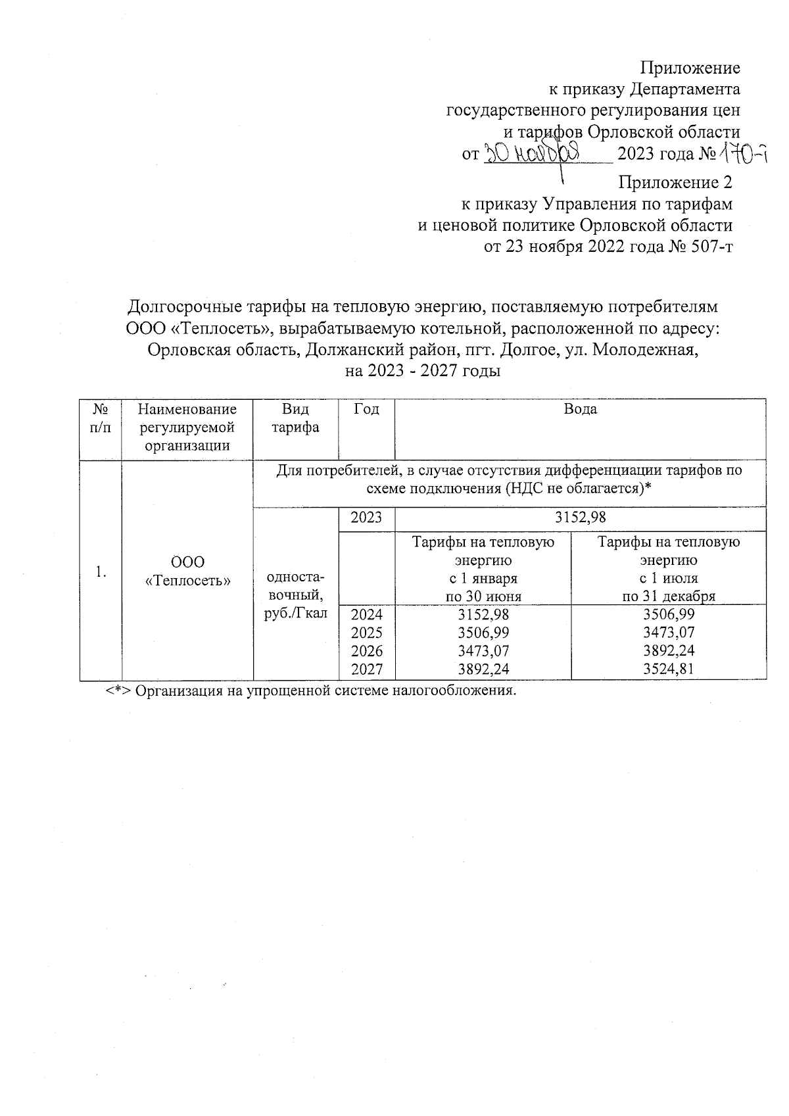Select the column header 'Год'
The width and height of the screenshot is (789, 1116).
coord(366,409)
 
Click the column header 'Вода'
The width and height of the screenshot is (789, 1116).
coord(581,409)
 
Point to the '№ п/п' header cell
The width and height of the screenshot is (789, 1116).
coord(100,418)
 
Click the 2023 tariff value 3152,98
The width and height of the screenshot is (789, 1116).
coord(581,518)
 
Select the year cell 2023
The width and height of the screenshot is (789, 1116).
coord(366,518)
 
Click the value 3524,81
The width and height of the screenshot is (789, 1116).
coord(669,669)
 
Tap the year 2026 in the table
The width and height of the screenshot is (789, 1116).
coord(366,651)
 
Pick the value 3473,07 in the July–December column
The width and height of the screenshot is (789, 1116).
coord(669,633)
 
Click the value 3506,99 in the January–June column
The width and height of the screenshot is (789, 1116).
coord(483,633)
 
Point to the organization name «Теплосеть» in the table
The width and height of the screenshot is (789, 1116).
coord(188,581)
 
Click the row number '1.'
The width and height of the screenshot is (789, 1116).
coord(100,572)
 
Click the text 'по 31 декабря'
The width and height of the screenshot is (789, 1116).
coord(669,596)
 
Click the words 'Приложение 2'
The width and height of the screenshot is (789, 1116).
coord(675,182)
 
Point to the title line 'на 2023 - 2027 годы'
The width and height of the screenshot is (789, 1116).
coord(423,372)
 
